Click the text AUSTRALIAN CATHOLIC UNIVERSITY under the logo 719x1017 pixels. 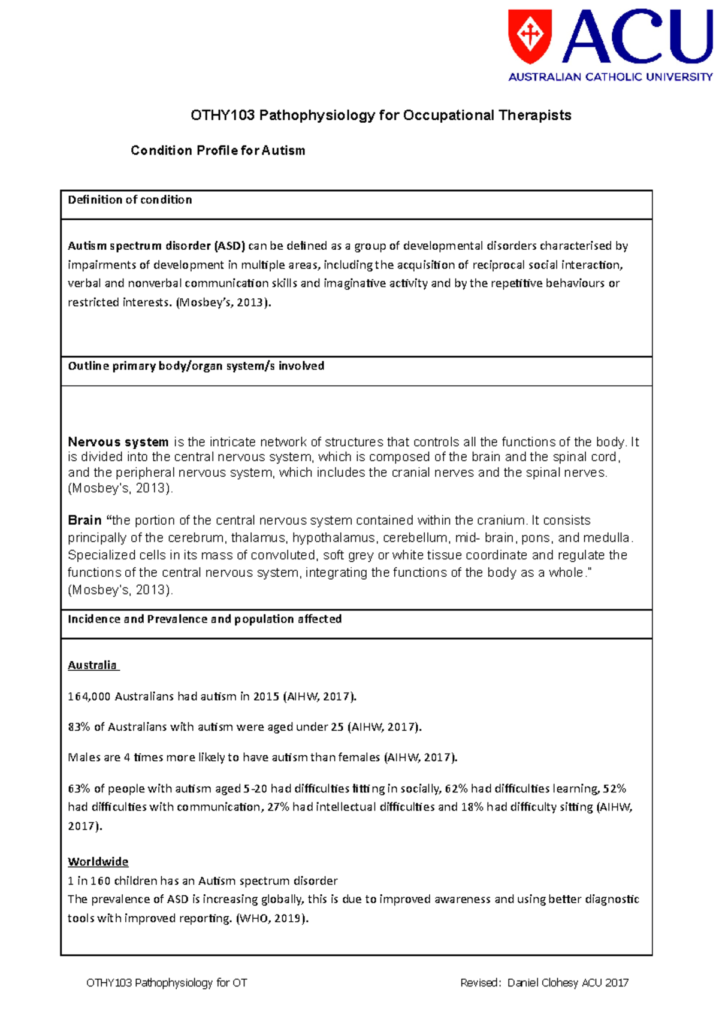611,77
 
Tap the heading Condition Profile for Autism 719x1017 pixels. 217,150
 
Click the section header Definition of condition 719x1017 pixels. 129,200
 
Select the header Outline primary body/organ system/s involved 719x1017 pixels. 195,366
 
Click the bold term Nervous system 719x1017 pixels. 118,442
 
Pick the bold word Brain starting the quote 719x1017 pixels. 84,520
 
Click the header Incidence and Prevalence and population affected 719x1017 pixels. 204,619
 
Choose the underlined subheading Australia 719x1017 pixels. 92,665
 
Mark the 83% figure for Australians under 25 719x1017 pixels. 78,727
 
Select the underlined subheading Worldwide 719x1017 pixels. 98,862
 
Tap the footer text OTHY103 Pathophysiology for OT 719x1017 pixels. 167,983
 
